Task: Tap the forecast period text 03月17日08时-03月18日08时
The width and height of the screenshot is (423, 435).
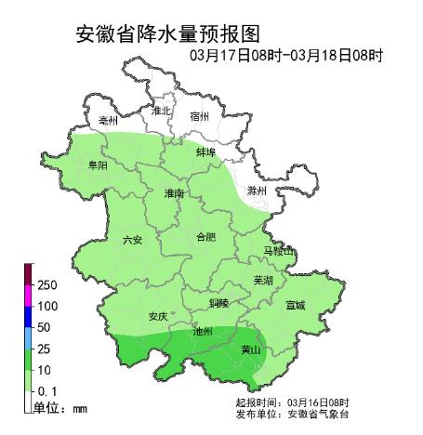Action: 286,55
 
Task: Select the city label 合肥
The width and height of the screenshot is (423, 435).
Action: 205,237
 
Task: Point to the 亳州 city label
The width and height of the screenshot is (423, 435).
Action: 108,122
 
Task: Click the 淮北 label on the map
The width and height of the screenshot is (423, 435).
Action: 161,111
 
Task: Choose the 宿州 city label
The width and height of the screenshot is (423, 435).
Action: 199,116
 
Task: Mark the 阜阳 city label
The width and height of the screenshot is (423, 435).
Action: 97,165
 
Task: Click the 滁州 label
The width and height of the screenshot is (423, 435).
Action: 257,191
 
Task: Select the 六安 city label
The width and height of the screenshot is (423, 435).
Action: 133,240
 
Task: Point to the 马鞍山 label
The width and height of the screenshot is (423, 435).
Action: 277,252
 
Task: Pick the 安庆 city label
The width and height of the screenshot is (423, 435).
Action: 157,316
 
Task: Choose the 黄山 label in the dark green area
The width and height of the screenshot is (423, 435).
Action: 250,350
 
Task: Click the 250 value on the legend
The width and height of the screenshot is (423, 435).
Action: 48,284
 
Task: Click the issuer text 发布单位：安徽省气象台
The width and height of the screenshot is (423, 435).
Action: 292,413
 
